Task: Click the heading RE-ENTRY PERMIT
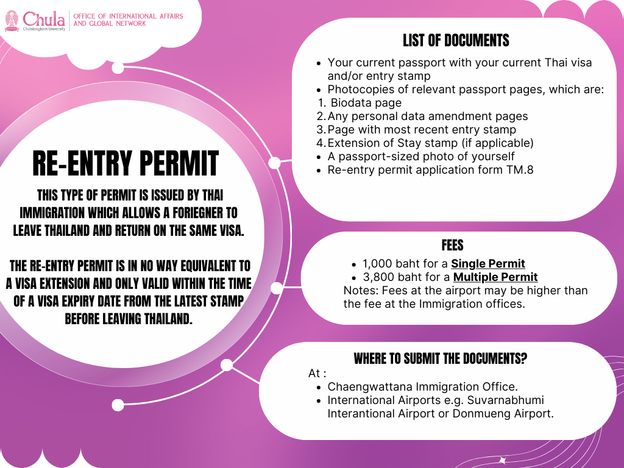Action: click(125, 164)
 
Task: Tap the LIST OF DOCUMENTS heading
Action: click(456, 41)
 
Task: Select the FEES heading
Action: click(453, 245)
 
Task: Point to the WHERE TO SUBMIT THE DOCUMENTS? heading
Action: click(441, 358)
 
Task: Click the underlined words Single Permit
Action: click(487, 264)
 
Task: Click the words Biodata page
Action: click(366, 102)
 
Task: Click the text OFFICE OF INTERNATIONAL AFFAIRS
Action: click(128, 16)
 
